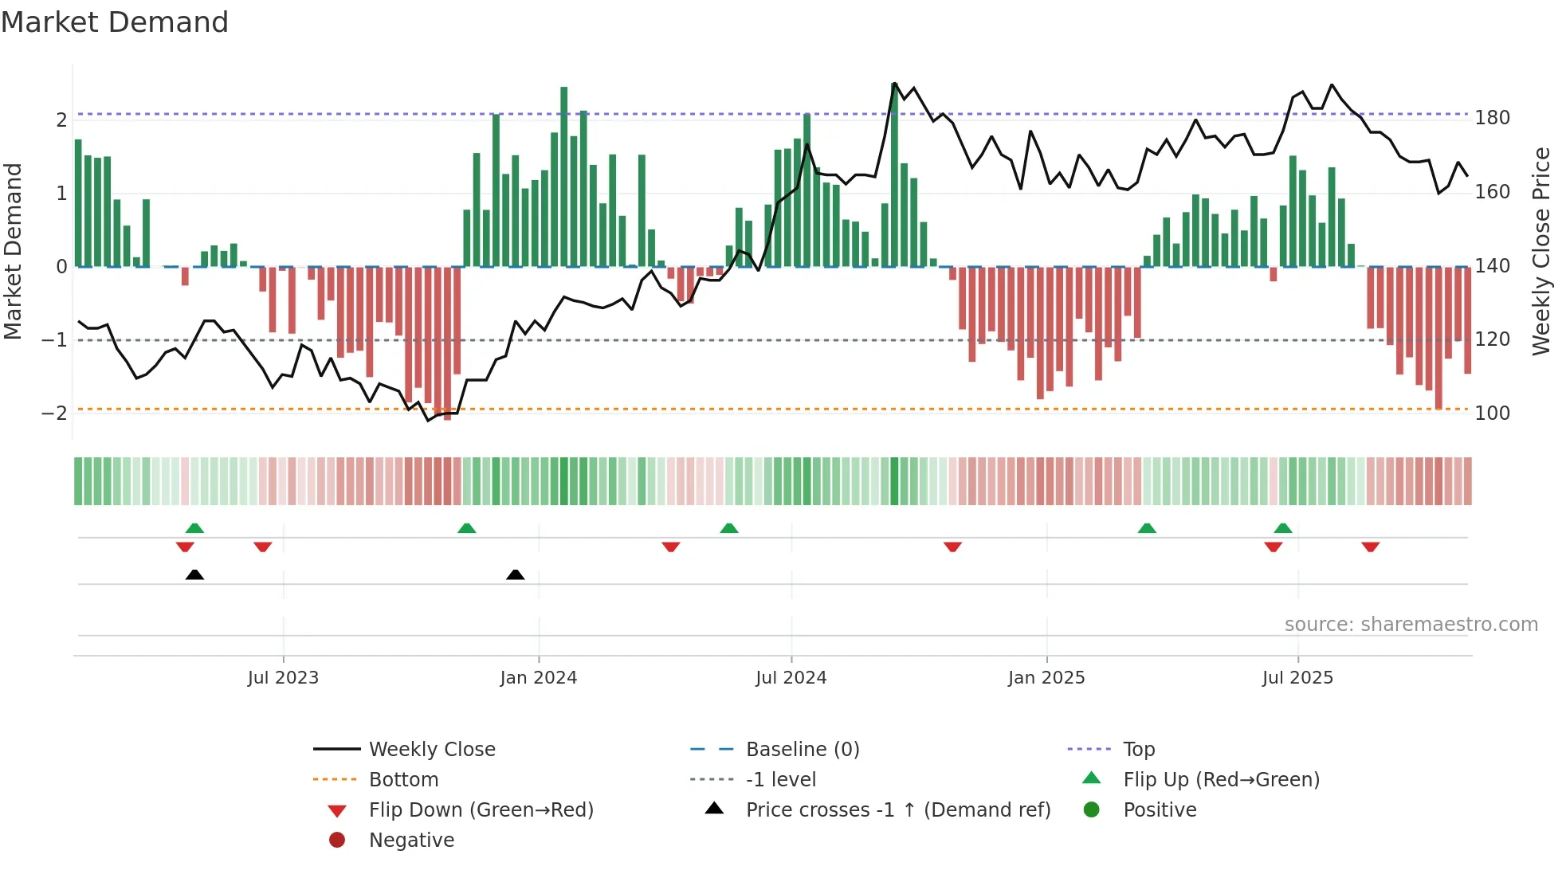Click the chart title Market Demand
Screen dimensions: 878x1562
click(115, 22)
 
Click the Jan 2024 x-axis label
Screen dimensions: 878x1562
click(538, 678)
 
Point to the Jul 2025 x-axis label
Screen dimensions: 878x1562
click(1297, 678)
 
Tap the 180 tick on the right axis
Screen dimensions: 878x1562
click(1492, 118)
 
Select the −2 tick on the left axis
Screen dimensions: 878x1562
click(54, 414)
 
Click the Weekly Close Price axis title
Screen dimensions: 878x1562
click(1541, 251)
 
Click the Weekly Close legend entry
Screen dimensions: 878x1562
click(431, 750)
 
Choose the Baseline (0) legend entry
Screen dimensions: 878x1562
click(802, 750)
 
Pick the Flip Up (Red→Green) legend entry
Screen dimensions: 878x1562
click(1220, 780)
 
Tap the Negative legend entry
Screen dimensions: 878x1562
click(410, 841)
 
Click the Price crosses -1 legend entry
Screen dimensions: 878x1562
click(897, 810)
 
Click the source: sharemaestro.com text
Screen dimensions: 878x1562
click(1411, 625)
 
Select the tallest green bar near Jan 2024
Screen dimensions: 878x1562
click(564, 175)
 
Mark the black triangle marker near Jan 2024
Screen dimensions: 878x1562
click(516, 574)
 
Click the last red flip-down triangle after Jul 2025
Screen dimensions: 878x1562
click(1370, 547)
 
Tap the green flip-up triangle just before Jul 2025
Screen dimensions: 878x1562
click(1282, 528)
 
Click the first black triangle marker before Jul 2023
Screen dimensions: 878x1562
click(194, 574)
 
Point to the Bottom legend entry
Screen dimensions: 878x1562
click(402, 780)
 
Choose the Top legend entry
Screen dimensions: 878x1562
click(1138, 750)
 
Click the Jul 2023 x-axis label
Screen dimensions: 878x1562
click(283, 678)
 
